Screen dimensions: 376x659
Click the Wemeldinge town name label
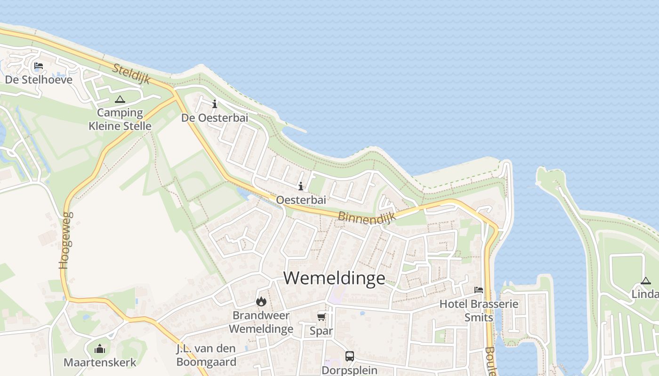[x=334, y=278]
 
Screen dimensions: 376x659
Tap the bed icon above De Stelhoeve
[x=39, y=65]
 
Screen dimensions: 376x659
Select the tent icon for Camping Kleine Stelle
[x=120, y=99]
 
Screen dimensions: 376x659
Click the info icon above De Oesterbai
[x=215, y=104]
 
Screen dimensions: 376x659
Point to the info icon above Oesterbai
[x=301, y=187]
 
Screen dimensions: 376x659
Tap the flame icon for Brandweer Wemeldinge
[x=261, y=301]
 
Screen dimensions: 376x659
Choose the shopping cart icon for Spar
[x=321, y=316]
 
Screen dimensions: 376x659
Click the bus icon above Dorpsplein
[x=349, y=356]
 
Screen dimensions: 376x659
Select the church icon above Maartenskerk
[x=100, y=349]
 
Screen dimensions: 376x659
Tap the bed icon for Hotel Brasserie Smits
[x=479, y=290]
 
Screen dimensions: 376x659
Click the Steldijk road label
[x=131, y=74]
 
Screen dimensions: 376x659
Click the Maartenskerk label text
[x=100, y=362]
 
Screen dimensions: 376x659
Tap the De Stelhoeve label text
[x=39, y=79]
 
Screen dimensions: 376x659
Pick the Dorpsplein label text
[x=349, y=370]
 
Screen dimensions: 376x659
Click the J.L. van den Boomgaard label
[x=206, y=355]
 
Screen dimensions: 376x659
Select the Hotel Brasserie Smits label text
[x=479, y=310]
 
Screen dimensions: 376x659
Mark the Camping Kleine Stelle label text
[x=120, y=119]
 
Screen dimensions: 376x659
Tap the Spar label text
[x=321, y=330]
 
